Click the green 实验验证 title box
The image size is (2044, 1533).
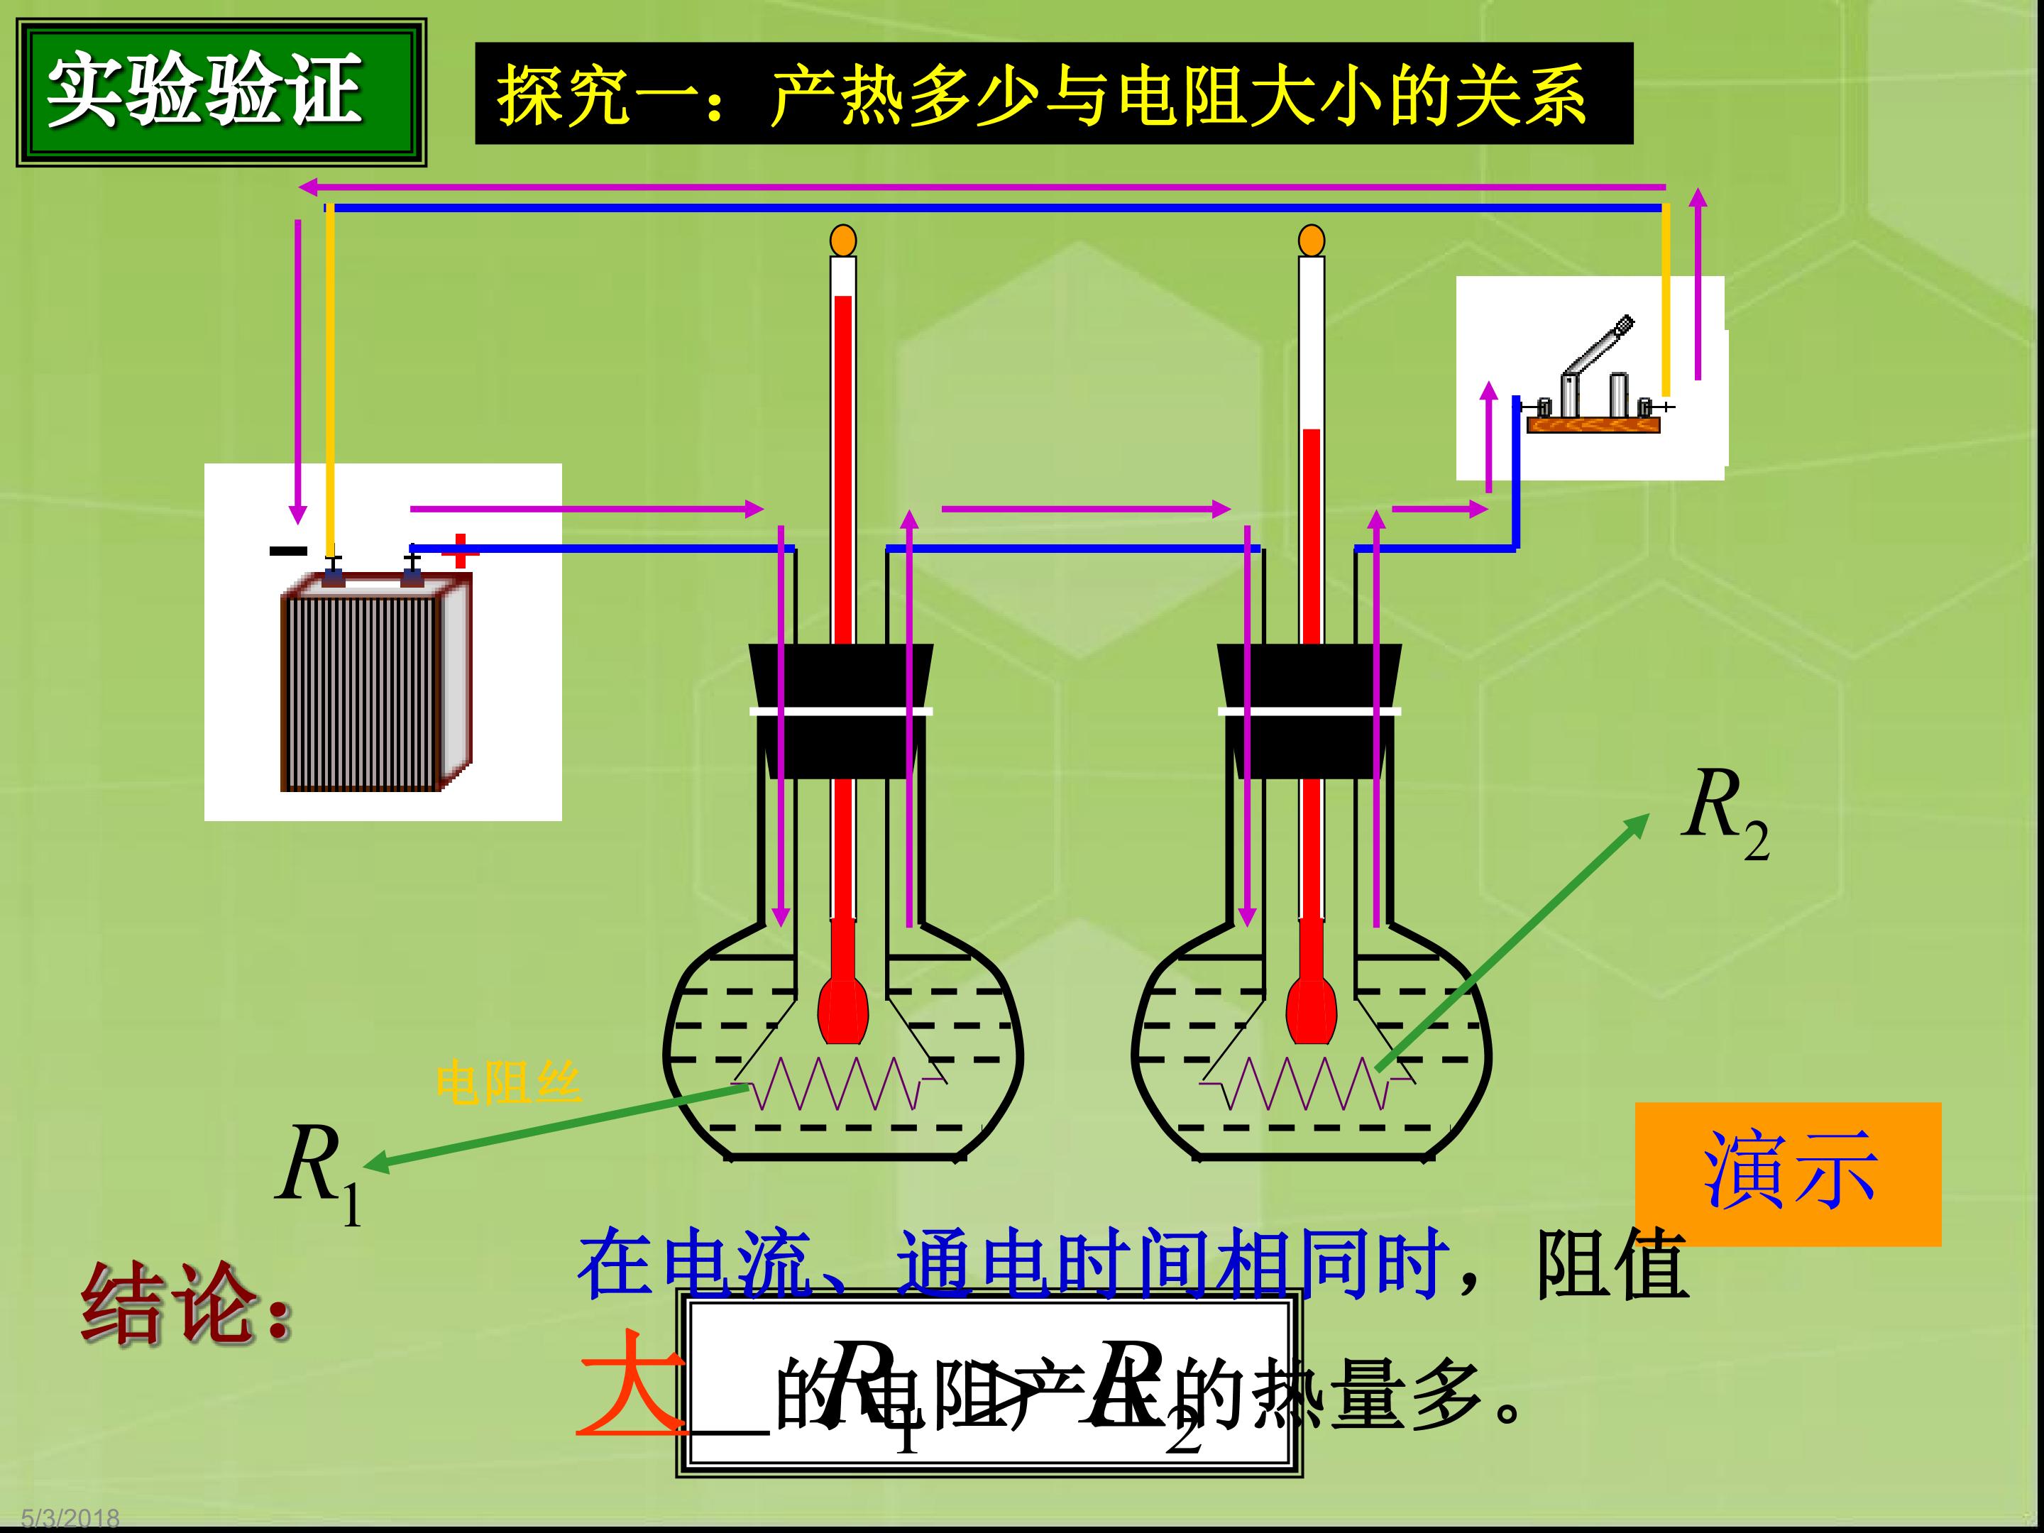point(221,92)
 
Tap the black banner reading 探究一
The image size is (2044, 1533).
point(1053,94)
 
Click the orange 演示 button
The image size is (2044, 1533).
point(1788,1174)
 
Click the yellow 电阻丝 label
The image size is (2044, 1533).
point(508,1083)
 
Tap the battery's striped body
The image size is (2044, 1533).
point(362,691)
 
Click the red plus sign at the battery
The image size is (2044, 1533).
point(459,551)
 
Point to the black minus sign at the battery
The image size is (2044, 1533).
point(288,551)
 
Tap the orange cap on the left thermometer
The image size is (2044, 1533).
point(842,241)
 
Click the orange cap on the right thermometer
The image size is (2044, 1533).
point(1312,241)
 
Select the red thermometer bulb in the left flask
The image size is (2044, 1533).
point(842,1007)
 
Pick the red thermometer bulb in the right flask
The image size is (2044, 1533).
point(1312,1007)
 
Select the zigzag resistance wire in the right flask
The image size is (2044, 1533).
point(1307,1083)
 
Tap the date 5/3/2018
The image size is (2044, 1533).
point(70,1518)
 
